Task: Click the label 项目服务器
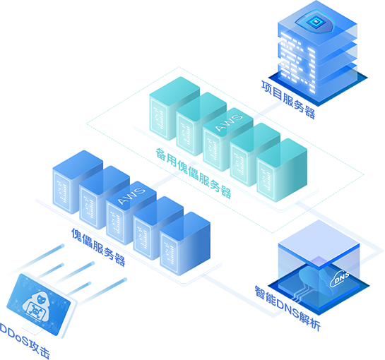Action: point(288,100)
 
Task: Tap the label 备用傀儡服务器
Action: point(194,173)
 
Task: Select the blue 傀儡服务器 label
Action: point(98,247)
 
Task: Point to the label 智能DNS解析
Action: point(288,308)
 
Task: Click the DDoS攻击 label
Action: point(25,341)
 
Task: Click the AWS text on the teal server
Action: point(229,122)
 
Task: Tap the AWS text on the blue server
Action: point(131,196)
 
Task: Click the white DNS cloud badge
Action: point(340,279)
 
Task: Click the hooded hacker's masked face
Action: point(40,299)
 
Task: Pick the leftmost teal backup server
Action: point(174,109)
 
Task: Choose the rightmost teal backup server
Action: point(282,170)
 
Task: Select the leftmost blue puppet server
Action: point(78,182)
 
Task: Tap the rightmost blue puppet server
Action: point(185,244)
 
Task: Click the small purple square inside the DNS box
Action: point(319,261)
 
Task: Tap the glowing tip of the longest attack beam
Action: point(125,280)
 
